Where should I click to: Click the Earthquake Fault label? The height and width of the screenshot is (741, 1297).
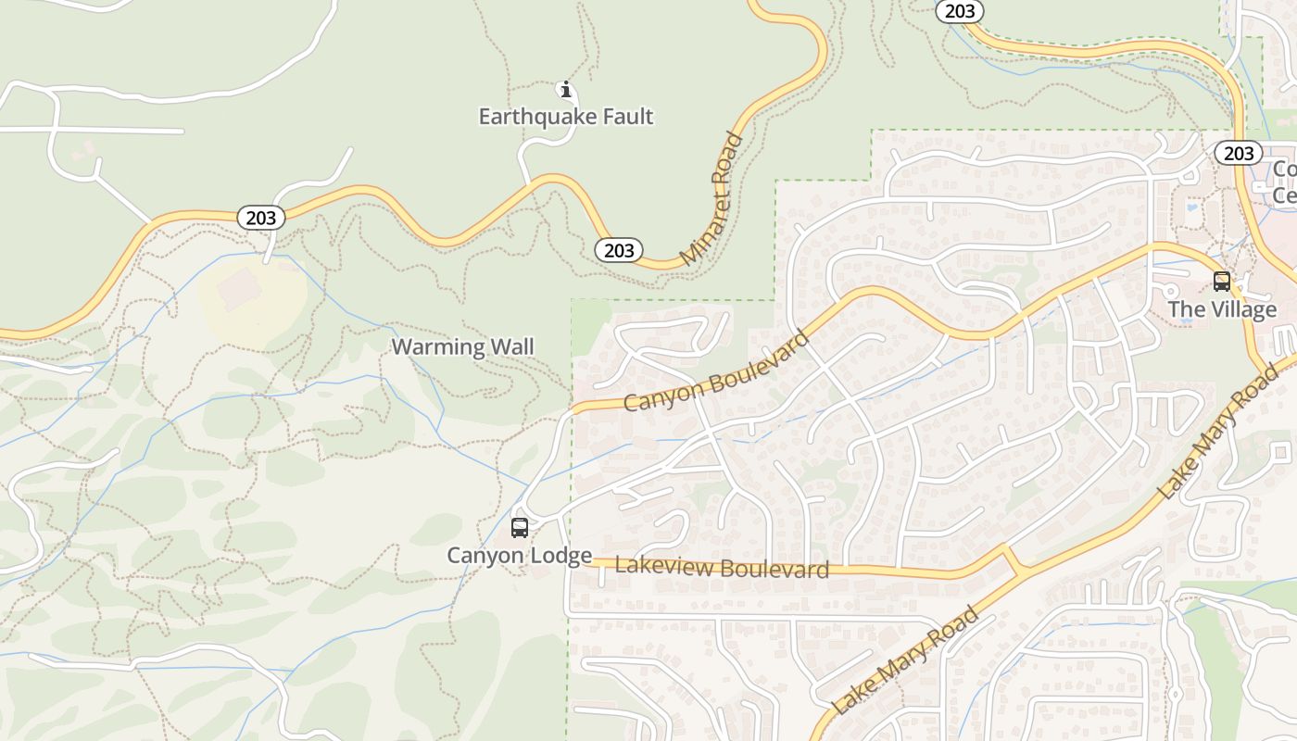click(565, 117)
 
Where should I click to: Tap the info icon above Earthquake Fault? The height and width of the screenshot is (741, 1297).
click(565, 90)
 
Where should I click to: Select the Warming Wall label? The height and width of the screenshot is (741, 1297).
click(462, 347)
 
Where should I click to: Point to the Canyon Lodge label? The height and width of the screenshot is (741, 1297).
click(519, 556)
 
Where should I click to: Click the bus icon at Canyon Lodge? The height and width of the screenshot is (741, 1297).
click(520, 528)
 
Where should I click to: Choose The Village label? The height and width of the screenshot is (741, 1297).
click(1222, 309)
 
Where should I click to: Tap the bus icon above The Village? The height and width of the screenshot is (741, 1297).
click(1221, 282)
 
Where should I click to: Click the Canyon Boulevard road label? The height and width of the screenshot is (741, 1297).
click(716, 371)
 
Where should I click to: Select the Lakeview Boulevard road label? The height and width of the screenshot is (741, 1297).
click(722, 568)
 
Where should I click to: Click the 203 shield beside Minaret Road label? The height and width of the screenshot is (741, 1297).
click(619, 250)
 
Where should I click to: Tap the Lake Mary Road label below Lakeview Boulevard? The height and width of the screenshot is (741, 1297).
click(906, 659)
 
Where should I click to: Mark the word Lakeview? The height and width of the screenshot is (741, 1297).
click(654, 565)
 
